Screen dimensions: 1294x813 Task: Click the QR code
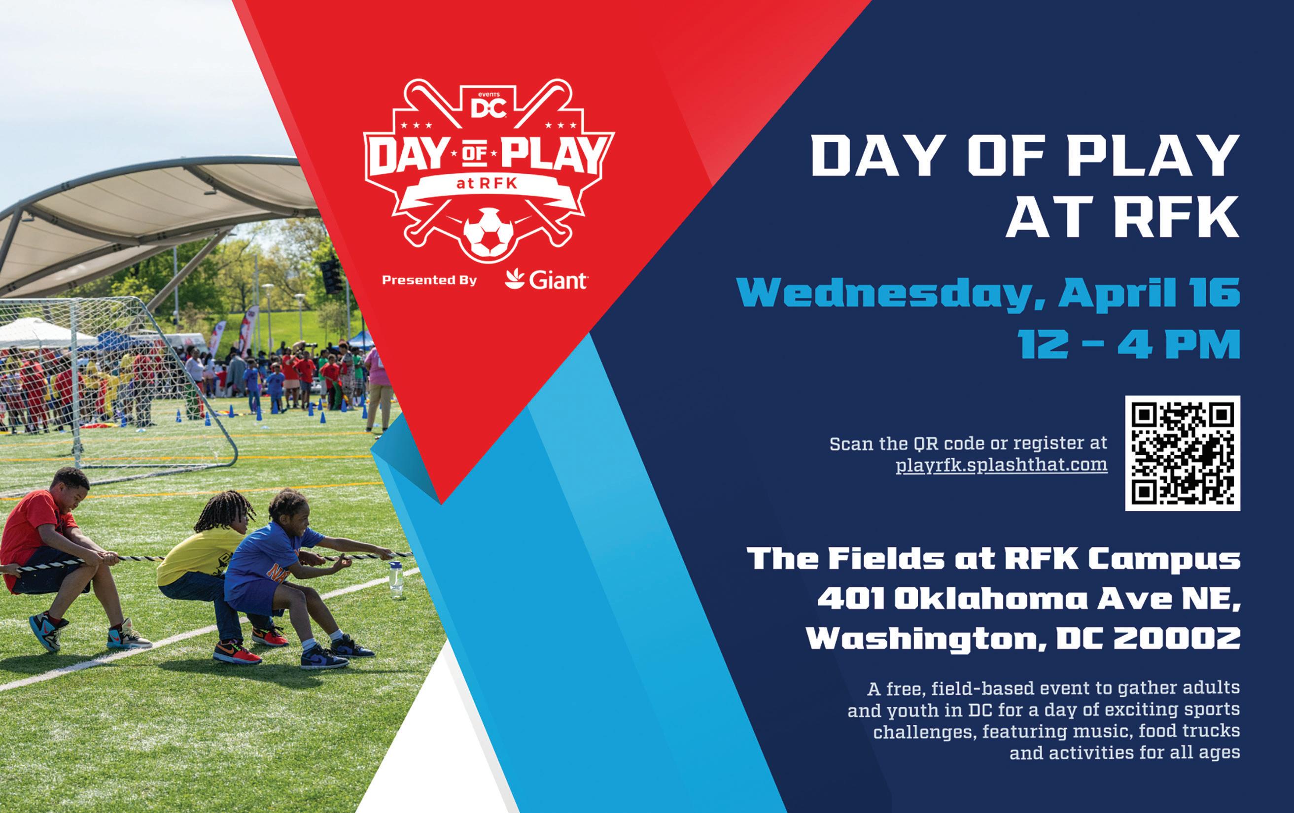(1182, 453)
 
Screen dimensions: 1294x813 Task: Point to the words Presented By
(429, 280)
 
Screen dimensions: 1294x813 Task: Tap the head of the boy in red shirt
(71, 488)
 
